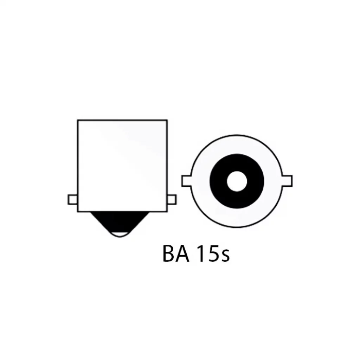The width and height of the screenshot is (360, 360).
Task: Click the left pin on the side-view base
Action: [x=73, y=200]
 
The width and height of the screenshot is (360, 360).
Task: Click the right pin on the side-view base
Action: [x=171, y=200]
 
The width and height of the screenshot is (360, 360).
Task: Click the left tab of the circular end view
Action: [x=187, y=181]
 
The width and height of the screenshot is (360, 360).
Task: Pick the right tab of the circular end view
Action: [x=287, y=181]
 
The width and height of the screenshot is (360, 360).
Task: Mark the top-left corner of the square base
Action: [x=78, y=120]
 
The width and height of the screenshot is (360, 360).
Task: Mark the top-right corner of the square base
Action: [x=167, y=120]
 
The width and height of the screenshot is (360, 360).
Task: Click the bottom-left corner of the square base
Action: [x=78, y=212]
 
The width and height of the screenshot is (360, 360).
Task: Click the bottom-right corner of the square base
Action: [x=167, y=212]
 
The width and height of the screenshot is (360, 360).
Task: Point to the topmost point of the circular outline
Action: [x=237, y=135]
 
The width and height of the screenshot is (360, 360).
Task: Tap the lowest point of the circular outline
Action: [x=237, y=227]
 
